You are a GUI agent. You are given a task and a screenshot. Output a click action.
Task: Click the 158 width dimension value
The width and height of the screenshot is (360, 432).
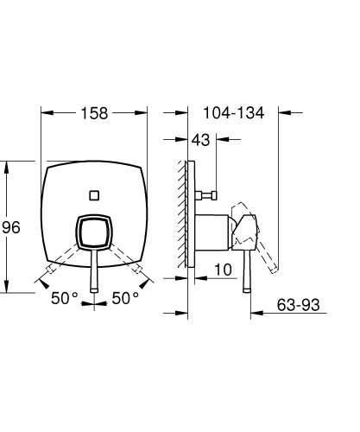(95, 112)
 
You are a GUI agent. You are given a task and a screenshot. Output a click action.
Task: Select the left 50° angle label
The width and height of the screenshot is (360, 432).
(66, 298)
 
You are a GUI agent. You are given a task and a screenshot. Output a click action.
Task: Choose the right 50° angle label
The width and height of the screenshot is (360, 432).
(125, 298)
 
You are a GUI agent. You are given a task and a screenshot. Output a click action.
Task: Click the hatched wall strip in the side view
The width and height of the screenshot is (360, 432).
(185, 216)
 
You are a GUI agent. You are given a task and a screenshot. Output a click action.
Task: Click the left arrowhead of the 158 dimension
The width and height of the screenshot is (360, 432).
(46, 112)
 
